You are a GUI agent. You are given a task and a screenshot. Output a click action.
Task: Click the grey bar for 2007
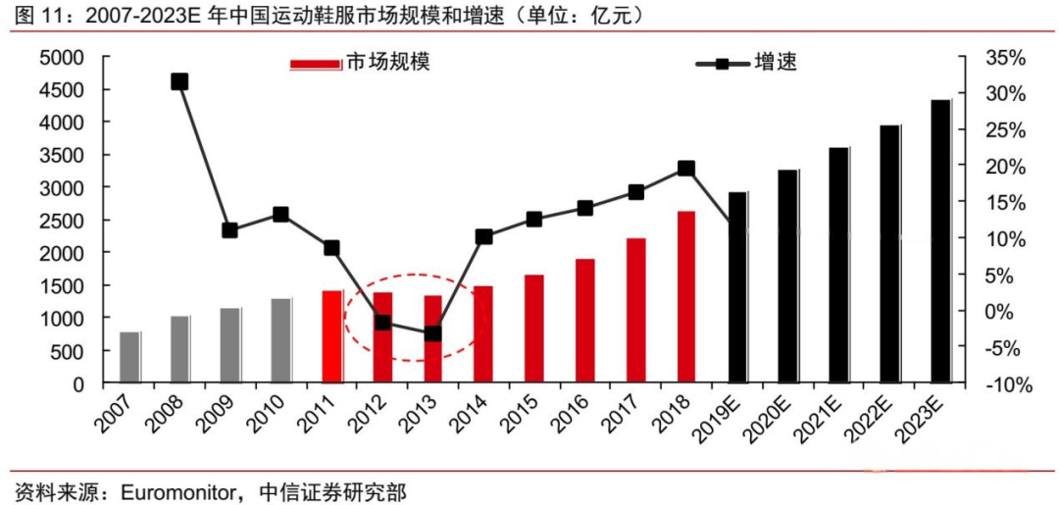(129, 358)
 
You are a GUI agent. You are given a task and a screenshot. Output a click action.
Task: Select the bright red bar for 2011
(331, 336)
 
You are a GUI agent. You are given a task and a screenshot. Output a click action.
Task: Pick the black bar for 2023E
(939, 241)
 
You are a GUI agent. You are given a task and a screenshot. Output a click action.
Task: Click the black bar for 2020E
(787, 277)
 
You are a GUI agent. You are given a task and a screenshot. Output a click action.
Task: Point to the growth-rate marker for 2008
(179, 81)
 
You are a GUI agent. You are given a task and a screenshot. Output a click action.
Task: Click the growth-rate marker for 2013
(432, 333)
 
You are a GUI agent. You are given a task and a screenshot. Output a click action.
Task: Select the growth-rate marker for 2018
(686, 169)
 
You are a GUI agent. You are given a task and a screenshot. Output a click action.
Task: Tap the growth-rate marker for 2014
(483, 236)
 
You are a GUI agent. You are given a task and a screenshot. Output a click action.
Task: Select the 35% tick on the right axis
(1005, 58)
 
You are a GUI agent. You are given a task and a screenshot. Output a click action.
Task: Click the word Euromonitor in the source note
(179, 490)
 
